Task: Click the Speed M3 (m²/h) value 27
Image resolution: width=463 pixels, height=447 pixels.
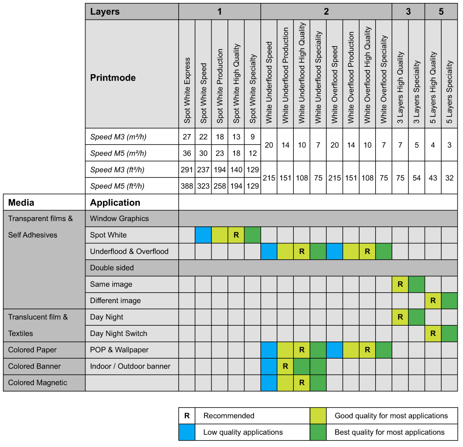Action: point(187,137)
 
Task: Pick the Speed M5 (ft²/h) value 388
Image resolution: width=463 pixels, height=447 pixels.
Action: point(187,186)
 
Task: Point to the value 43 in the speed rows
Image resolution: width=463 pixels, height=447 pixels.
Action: point(433,178)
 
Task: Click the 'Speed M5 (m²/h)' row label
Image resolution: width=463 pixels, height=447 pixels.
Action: point(118,153)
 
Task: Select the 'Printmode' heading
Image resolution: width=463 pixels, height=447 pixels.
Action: point(113,78)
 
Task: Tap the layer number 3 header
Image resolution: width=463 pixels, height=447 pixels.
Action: point(409,11)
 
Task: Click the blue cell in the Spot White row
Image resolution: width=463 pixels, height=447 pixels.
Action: point(204,235)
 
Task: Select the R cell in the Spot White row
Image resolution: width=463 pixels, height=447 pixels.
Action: point(236,235)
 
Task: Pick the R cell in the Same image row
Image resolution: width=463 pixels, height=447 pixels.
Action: point(400,284)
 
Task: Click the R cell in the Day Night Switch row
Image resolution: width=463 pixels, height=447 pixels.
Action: point(433,334)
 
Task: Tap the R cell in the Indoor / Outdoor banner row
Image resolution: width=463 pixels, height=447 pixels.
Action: point(285,366)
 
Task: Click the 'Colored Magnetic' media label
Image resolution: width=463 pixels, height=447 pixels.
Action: point(38,383)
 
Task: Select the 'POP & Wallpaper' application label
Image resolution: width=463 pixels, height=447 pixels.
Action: point(119,350)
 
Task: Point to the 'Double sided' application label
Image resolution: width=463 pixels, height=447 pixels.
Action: point(112,268)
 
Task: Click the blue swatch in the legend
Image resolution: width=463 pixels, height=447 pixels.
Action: point(187,432)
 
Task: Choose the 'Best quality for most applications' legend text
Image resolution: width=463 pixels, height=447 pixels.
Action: point(389,432)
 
